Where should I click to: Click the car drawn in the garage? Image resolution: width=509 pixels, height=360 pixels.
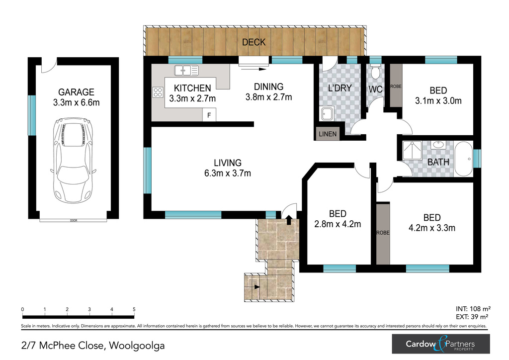tap(74, 161)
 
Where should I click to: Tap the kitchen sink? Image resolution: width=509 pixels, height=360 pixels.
tap(186, 71)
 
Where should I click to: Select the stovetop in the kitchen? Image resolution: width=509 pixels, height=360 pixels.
tap(158, 92)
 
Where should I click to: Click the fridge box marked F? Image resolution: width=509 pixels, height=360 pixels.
tap(209, 115)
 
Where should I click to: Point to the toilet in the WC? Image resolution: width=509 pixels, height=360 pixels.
tap(376, 72)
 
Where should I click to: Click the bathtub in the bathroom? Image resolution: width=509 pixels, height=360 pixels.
tap(464, 159)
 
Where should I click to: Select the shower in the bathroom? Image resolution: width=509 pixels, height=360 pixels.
tap(412, 150)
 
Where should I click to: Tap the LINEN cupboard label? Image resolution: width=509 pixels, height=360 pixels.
tap(328, 134)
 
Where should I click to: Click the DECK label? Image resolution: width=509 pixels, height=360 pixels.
tap(254, 42)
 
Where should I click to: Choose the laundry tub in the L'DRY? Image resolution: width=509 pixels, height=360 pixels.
tap(328, 113)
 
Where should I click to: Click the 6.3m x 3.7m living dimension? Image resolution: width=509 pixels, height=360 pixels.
tap(228, 174)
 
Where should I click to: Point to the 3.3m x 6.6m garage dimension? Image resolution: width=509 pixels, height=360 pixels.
tap(76, 102)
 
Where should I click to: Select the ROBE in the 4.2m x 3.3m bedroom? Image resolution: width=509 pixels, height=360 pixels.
tap(383, 233)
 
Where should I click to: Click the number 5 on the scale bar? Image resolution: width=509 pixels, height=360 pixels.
tap(134, 309)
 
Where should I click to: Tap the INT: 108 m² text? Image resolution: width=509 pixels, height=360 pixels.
tap(473, 309)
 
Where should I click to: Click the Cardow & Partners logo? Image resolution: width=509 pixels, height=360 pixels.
tap(441, 344)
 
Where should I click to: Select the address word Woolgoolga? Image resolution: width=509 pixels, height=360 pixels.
tap(137, 346)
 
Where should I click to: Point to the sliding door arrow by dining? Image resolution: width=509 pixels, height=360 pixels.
tap(253, 69)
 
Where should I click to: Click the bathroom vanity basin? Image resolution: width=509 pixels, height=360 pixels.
tap(437, 145)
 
